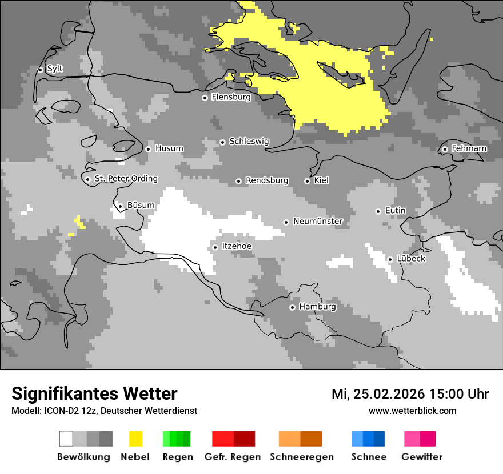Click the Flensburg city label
(x=231, y=97)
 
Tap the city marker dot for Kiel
(x=307, y=181)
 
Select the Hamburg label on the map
(x=317, y=307)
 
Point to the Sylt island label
(x=55, y=69)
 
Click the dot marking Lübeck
(x=390, y=259)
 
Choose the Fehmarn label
(x=469, y=148)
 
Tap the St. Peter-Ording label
(x=126, y=179)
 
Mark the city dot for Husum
(x=148, y=149)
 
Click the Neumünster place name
(x=318, y=221)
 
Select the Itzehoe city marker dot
(x=215, y=247)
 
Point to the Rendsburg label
(x=267, y=180)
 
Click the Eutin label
(x=395, y=211)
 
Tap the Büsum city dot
(x=120, y=206)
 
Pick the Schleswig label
(x=249, y=141)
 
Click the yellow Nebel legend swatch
(x=135, y=439)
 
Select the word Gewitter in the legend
(x=422, y=457)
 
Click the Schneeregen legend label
(x=302, y=457)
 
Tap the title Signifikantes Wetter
(x=94, y=393)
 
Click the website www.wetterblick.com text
(x=412, y=411)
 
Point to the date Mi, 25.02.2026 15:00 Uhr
(x=410, y=394)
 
